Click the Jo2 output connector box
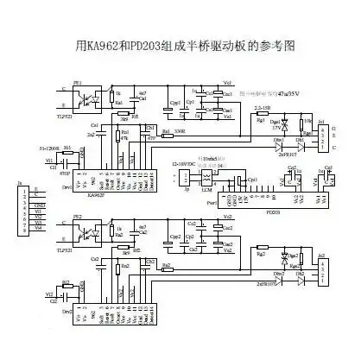322,269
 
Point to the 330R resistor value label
180,131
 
